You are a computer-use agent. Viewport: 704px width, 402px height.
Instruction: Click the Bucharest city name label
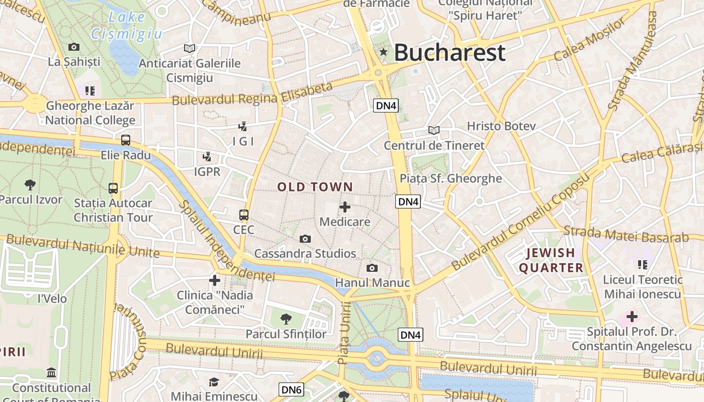(x=450, y=52)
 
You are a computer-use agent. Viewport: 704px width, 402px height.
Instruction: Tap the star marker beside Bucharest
(x=384, y=52)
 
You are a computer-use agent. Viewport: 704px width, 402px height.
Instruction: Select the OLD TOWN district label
(x=315, y=187)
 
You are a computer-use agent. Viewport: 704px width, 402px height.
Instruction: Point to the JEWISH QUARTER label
(x=551, y=260)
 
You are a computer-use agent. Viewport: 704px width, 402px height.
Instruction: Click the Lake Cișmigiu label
(x=127, y=26)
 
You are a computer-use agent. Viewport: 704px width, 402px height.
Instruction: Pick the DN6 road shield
(x=291, y=389)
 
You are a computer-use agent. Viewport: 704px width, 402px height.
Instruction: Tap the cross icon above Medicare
(x=345, y=207)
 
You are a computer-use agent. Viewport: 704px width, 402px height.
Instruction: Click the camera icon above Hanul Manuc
(x=372, y=268)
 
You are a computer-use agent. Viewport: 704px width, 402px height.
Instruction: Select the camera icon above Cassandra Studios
(x=305, y=239)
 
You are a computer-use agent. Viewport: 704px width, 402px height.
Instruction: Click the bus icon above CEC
(x=244, y=215)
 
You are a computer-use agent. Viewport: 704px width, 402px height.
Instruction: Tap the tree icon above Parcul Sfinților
(x=286, y=318)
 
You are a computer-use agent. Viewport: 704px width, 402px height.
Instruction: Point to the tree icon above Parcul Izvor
(x=30, y=184)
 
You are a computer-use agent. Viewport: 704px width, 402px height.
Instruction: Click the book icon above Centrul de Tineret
(x=434, y=130)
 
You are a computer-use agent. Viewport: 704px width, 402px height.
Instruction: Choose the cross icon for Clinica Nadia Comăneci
(x=215, y=280)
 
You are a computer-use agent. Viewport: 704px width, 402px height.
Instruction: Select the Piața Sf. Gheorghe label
(x=451, y=178)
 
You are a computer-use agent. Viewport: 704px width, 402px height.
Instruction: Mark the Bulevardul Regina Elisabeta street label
(x=252, y=94)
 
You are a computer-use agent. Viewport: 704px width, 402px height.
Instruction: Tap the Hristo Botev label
(x=501, y=126)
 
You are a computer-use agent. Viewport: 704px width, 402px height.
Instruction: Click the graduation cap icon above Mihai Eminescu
(x=214, y=382)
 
